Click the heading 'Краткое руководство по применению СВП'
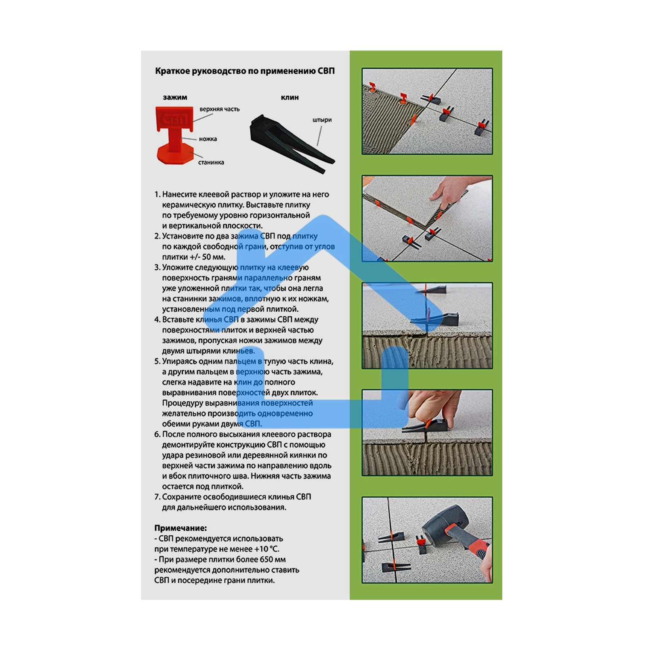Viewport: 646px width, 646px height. pos(245,71)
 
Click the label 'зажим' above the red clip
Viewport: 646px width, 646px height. pos(175,97)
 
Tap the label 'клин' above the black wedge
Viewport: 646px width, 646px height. pos(289,97)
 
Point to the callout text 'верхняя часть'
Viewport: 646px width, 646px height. pos(219,109)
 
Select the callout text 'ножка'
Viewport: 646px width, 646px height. pos(208,139)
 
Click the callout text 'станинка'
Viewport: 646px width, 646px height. pos(211,162)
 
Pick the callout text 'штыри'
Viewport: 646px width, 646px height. pos(322,120)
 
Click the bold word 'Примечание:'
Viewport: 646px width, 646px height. pos(180,528)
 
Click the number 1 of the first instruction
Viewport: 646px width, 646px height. pos(157,195)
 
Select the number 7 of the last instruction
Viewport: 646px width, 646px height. pos(157,497)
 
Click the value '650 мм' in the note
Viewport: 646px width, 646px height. pos(272,560)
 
